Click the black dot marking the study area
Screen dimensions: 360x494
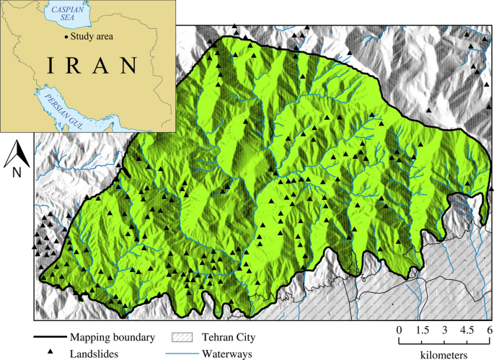coord(66,36)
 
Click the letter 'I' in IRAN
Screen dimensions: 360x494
coord(52,66)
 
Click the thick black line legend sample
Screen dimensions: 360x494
coord(49,337)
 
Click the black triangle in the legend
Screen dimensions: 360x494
coord(50,352)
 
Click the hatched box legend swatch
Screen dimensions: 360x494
coord(182,337)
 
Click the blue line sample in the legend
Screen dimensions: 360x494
coord(182,352)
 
